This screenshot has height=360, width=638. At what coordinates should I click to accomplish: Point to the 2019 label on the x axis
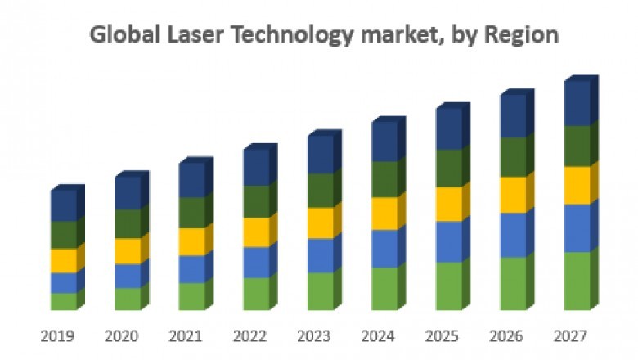pyautogui.click(x=58, y=336)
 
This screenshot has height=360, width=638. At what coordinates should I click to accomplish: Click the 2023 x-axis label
pyautogui.click(x=314, y=336)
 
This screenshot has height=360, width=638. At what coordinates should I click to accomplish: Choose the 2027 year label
pyautogui.click(x=570, y=336)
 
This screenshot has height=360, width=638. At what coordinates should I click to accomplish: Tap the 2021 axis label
pyautogui.click(x=186, y=336)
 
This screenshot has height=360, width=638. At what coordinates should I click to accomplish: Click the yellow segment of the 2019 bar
pyautogui.click(x=63, y=261)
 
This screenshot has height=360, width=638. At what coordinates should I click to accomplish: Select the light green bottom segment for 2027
pyautogui.click(x=577, y=281)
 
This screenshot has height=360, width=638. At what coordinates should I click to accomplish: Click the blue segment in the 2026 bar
pyautogui.click(x=513, y=235)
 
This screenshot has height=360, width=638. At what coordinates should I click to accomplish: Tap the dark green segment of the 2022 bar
pyautogui.click(x=256, y=201)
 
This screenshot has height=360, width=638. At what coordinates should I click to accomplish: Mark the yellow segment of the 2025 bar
pyautogui.click(x=448, y=205)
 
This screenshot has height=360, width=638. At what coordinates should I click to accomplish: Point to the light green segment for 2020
pyautogui.click(x=127, y=299)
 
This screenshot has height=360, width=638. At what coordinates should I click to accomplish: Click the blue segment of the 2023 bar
pyautogui.click(x=320, y=255)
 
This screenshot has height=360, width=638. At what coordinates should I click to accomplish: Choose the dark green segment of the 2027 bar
pyautogui.click(x=577, y=146)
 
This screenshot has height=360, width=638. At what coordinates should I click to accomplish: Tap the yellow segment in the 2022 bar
pyautogui.click(x=256, y=232)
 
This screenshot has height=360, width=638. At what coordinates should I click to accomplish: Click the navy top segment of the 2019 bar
pyautogui.click(x=63, y=206)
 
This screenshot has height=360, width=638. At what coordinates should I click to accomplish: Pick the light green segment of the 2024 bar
pyautogui.click(x=384, y=289)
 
